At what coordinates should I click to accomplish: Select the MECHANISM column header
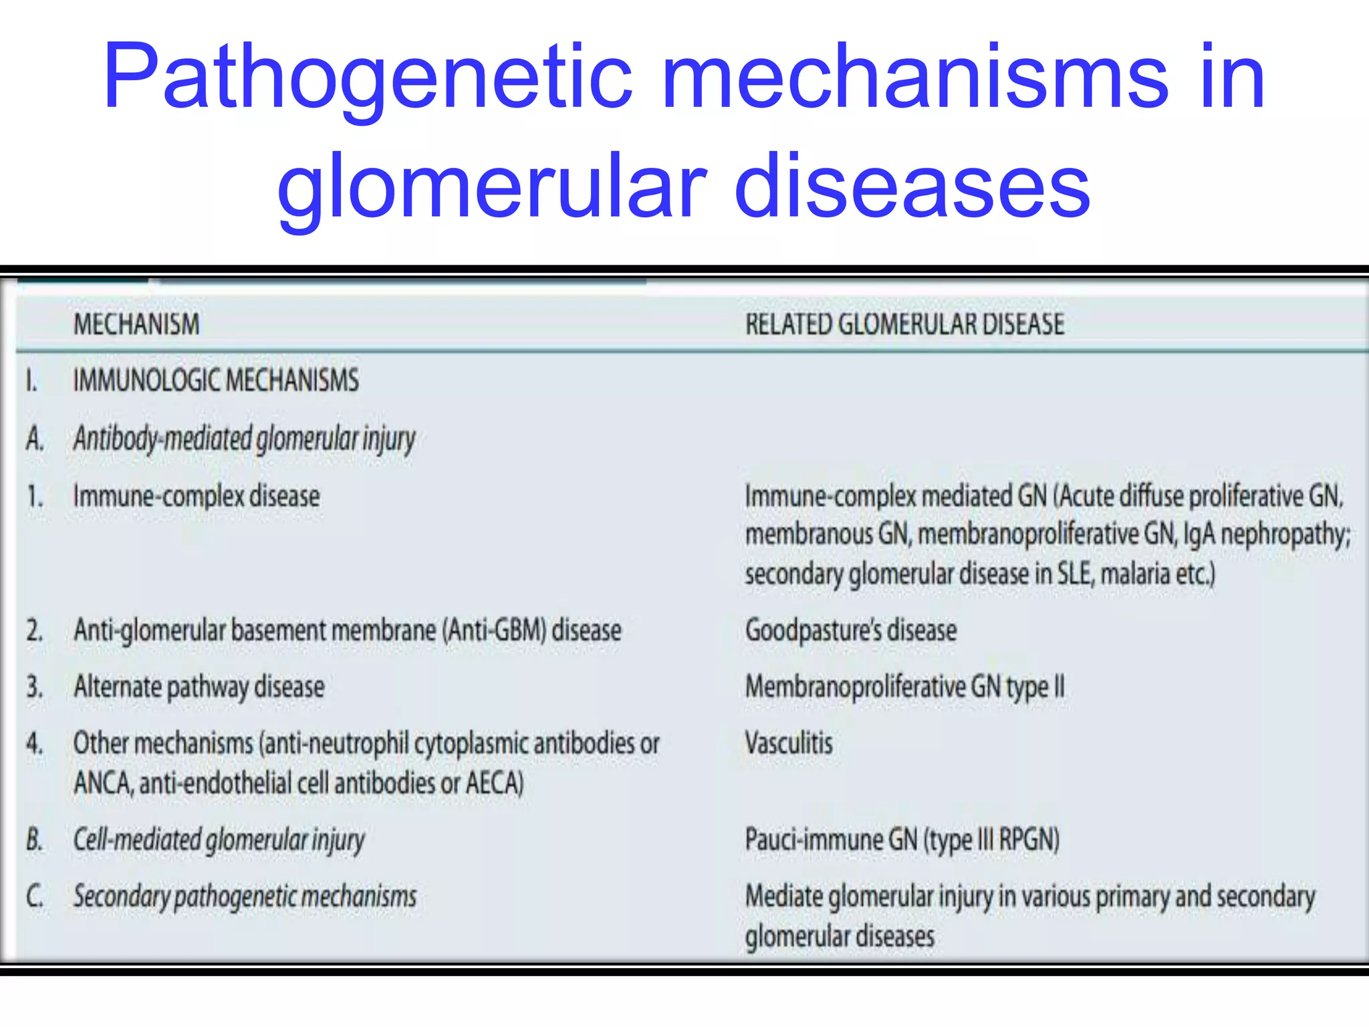136,324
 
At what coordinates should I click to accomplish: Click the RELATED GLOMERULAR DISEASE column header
904,324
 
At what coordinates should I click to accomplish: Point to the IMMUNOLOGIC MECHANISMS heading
216,380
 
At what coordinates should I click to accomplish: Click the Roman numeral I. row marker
31,381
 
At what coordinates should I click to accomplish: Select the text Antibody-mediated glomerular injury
244,439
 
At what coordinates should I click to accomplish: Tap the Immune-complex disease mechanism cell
197,496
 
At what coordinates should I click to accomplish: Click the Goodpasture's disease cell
850,631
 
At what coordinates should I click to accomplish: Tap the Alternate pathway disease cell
199,687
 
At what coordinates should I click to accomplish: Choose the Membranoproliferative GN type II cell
904,687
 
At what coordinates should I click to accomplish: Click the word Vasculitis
789,743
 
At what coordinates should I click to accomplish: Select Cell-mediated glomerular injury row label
219,840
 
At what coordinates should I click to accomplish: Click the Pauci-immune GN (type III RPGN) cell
902,840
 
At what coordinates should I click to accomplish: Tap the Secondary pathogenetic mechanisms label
245,897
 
